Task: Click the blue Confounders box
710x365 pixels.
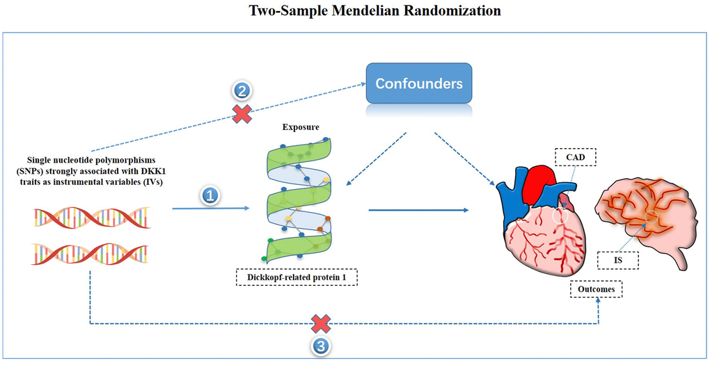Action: pos(420,84)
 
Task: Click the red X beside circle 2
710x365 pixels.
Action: pos(242,115)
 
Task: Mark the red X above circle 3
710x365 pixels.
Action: pos(320,323)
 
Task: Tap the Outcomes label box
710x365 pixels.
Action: pos(596,289)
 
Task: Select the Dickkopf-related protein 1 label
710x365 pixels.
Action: pos(299,279)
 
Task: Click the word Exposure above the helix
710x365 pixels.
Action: pos(300,129)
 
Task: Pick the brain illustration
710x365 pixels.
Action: pos(644,216)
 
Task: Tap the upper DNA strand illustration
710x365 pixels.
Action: pos(91,218)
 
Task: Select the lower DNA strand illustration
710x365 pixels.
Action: pos(90,254)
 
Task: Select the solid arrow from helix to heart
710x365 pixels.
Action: pos(418,209)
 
